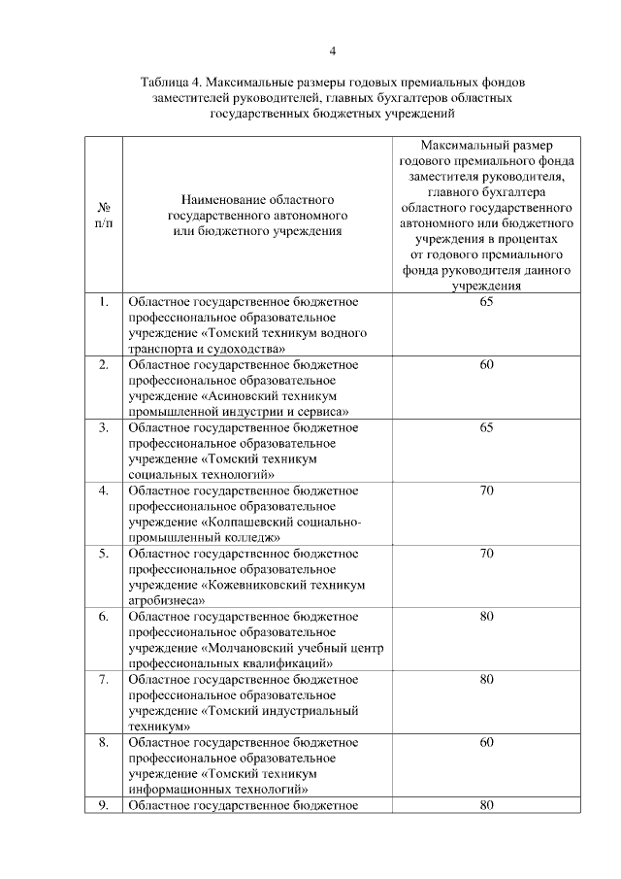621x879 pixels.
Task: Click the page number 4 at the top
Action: tap(331, 51)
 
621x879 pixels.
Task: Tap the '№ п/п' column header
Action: tap(103, 216)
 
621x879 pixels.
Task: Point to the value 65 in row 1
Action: tap(487, 302)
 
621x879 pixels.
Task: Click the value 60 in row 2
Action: tap(487, 365)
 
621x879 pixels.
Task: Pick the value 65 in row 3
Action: tap(487, 427)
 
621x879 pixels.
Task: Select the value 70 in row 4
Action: tap(487, 490)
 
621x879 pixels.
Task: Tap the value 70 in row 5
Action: tap(487, 554)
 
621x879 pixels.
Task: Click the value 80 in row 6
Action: tap(487, 617)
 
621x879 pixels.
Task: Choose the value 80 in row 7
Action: tap(487, 679)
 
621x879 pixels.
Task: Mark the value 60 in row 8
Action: tap(487, 742)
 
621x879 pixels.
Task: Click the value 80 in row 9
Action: tap(487, 805)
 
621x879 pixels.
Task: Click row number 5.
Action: tap(103, 554)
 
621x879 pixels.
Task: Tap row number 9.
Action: tap(103, 805)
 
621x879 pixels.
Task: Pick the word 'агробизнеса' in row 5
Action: tap(165, 601)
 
